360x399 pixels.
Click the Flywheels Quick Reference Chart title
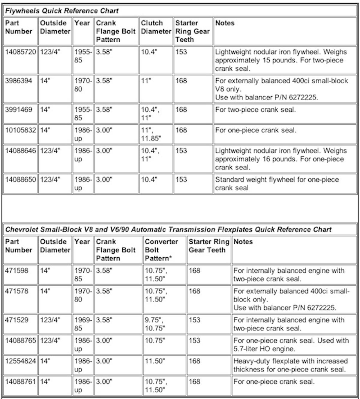pos(62,11)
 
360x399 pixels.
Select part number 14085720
pos(20,52)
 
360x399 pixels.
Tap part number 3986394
pos(19,81)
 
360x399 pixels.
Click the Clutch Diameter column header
pos(156,27)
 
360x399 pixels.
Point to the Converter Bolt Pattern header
pos(161,250)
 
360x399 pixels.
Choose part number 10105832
pos(20,130)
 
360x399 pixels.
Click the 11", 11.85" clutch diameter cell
pos(151,134)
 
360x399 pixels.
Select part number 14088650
pos(20,180)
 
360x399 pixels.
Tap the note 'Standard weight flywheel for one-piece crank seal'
pos(277,183)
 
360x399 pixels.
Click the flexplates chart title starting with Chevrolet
pos(168,230)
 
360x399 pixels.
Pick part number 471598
pos(17,271)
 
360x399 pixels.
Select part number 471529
pos(17,320)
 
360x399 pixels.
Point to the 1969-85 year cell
pos(82,324)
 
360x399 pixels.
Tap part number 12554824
pos(20,361)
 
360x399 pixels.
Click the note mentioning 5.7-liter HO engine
pos(291,344)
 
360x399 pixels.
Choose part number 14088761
pos(20,382)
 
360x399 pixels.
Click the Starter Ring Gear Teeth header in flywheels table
pos(192,31)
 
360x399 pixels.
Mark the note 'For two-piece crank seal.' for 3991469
pos(255,110)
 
